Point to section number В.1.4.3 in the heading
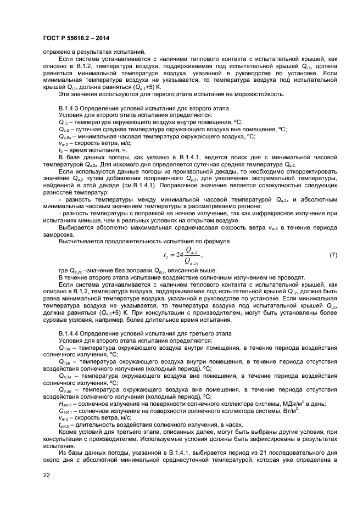[71, 109]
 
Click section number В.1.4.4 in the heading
[71, 334]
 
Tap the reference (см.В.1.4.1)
[146, 185]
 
